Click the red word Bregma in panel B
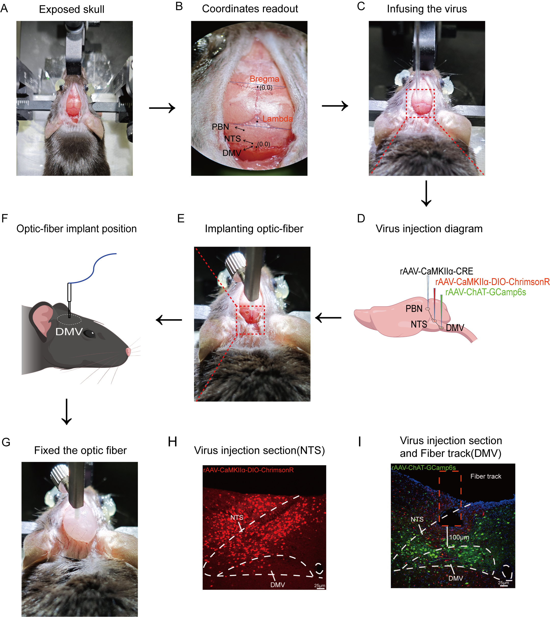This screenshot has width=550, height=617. click(x=264, y=79)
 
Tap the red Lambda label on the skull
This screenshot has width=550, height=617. click(x=277, y=119)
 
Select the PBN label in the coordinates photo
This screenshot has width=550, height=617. click(x=220, y=127)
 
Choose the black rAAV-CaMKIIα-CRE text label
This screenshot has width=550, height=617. click(x=436, y=271)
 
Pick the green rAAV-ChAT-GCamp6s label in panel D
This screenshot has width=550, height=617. click(x=486, y=292)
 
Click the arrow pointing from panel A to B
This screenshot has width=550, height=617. click(x=162, y=108)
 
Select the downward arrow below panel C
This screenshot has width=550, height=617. click(x=426, y=194)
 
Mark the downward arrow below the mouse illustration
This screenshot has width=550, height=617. click(x=66, y=412)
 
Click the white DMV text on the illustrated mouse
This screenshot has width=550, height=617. click(x=69, y=332)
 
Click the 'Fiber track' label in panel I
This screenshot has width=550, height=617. click(x=486, y=476)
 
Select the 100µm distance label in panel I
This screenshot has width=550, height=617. click(x=459, y=537)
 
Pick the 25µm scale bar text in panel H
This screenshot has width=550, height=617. click(x=320, y=586)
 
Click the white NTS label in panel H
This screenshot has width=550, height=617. click(x=237, y=518)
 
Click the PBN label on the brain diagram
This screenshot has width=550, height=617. click(x=414, y=308)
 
